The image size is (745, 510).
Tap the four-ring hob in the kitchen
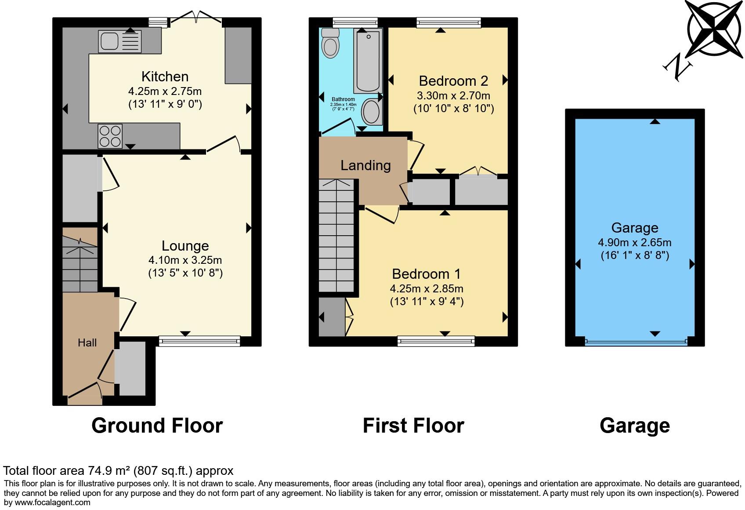click(x=110, y=136)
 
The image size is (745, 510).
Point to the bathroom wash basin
click(x=372, y=111)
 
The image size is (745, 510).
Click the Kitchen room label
click(x=165, y=76)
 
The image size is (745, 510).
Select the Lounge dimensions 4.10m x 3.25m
click(x=185, y=260)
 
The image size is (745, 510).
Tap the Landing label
click(x=365, y=165)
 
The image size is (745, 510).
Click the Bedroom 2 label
click(x=453, y=81)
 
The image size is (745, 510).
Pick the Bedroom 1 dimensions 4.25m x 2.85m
click(x=427, y=289)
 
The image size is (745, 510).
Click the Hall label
click(x=87, y=343)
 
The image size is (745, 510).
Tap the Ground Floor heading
click(x=157, y=426)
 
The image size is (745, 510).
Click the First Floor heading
click(x=413, y=426)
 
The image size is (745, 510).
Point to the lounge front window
click(x=199, y=341)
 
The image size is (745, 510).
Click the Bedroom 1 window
click(x=436, y=341)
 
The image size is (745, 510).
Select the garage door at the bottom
click(x=636, y=342)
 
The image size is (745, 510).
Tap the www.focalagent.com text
click(x=52, y=503)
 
